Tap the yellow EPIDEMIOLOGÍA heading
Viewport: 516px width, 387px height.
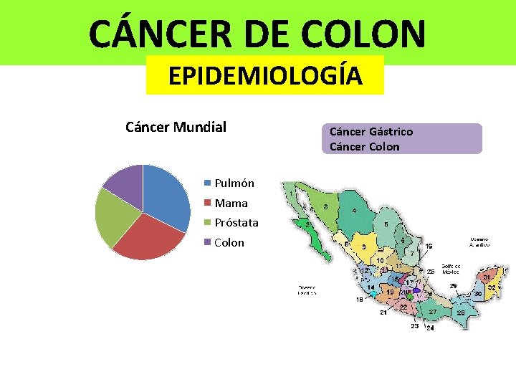point(265,75)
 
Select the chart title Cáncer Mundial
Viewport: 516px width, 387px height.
point(176,128)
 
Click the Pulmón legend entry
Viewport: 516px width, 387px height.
point(234,183)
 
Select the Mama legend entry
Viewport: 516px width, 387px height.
point(231,203)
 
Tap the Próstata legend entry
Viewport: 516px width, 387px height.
point(236,223)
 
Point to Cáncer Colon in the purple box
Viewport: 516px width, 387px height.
point(365,147)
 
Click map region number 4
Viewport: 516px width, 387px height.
point(355,211)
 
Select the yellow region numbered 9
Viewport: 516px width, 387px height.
point(364,247)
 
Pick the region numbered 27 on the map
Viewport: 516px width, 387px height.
point(433,312)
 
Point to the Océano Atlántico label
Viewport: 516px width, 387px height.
point(479,242)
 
